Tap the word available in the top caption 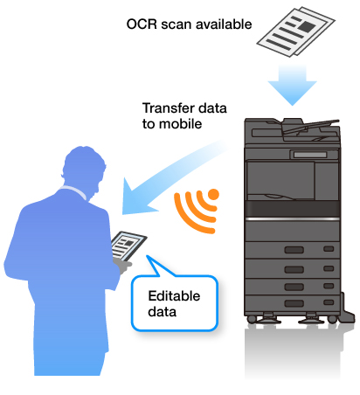coord(224,24)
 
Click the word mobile coord(181,124)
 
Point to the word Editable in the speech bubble coord(174,296)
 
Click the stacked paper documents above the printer coord(295,31)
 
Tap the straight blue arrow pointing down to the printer coord(293,85)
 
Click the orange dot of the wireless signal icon coord(213,195)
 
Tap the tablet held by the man coord(129,246)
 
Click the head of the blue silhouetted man coord(84,169)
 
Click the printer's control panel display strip coord(310,155)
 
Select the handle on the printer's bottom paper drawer coord(294,303)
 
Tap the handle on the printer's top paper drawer coord(294,250)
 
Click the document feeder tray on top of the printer coord(310,126)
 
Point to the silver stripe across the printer coord(293,218)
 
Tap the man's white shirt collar coord(74,191)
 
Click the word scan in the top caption coord(176,25)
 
